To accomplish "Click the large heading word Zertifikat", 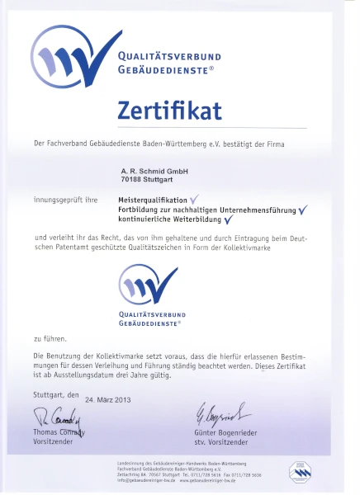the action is point(179,110).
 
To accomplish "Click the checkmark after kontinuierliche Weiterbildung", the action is point(228,219).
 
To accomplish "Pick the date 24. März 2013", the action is point(108,399).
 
